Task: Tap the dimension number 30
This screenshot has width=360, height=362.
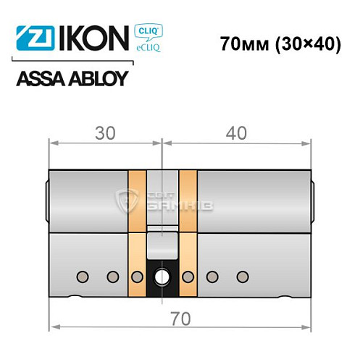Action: pyautogui.click(x=104, y=134)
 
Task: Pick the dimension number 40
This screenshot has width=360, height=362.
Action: pyautogui.click(x=235, y=134)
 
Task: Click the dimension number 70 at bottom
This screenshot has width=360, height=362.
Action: pyautogui.click(x=178, y=317)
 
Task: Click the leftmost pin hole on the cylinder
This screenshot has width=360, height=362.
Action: pyautogui.click(x=83, y=276)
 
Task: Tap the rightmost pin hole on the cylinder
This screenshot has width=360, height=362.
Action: pyautogui.click(x=241, y=276)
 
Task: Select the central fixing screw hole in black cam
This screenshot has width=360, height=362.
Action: pyautogui.click(x=163, y=276)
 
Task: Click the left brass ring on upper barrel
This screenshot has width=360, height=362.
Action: pyautogui.click(x=135, y=199)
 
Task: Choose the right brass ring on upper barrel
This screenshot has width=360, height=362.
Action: pyautogui.click(x=188, y=199)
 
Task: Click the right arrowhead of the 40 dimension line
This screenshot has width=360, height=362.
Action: pyautogui.click(x=308, y=143)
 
